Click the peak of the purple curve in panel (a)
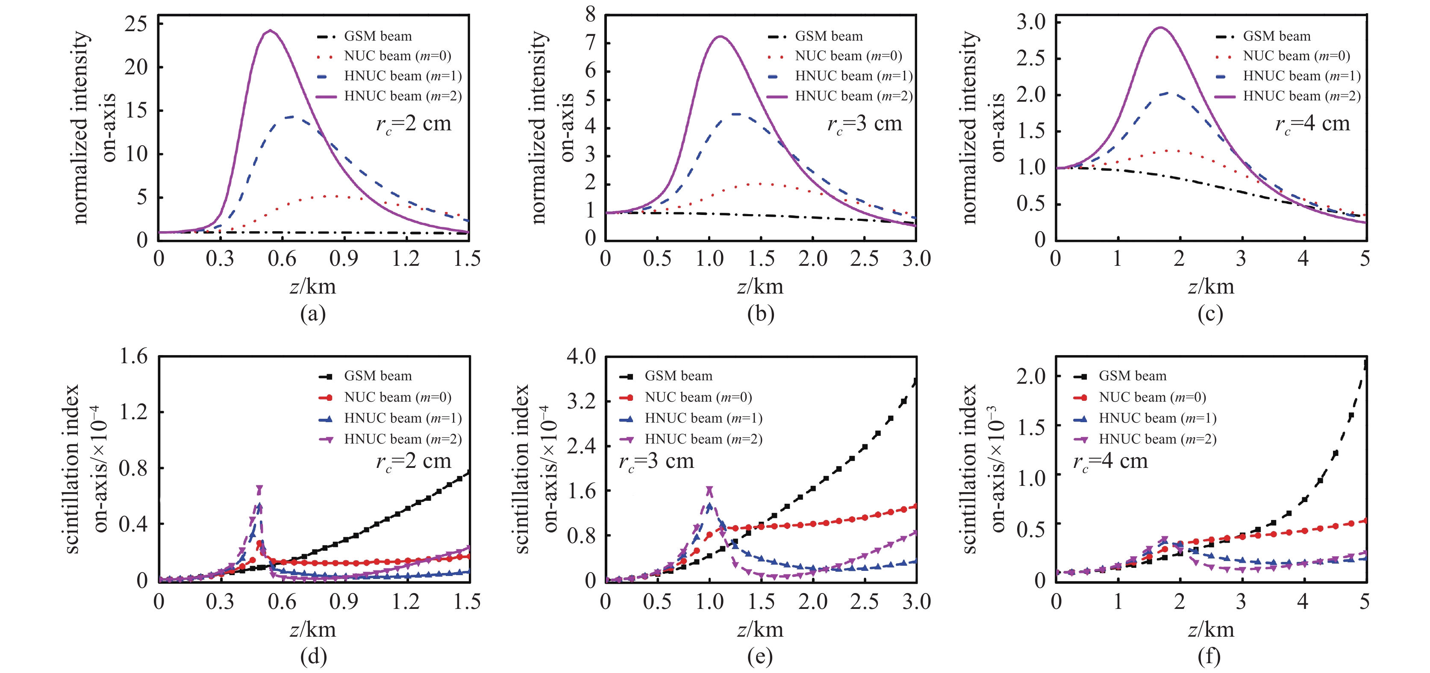pos(271,30)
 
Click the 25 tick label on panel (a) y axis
pos(136,24)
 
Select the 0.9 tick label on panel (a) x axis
pos(344,259)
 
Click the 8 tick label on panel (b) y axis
pos(590,15)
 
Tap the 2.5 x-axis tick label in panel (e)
pos(864,602)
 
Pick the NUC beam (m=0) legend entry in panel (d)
pos(397,397)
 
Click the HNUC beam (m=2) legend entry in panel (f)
pos(1157,439)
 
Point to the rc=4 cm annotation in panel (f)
pos(1110,461)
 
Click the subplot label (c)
pos(1210,314)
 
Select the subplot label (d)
pos(313,657)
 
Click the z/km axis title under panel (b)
pos(760,287)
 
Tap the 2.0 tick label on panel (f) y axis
pos(1031,377)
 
